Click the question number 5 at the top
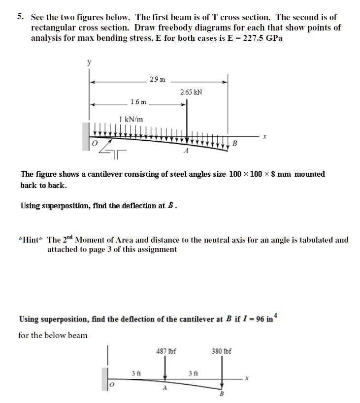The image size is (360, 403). pyautogui.click(x=20, y=16)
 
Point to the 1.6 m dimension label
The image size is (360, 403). pyautogui.click(x=138, y=102)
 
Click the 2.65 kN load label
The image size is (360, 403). pyautogui.click(x=191, y=92)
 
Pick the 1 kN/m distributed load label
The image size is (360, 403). pyautogui.click(x=131, y=119)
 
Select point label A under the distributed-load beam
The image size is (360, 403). pyautogui.click(x=185, y=152)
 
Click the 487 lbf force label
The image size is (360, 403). pyautogui.click(x=166, y=351)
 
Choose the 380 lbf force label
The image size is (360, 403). pyautogui.click(x=222, y=351)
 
